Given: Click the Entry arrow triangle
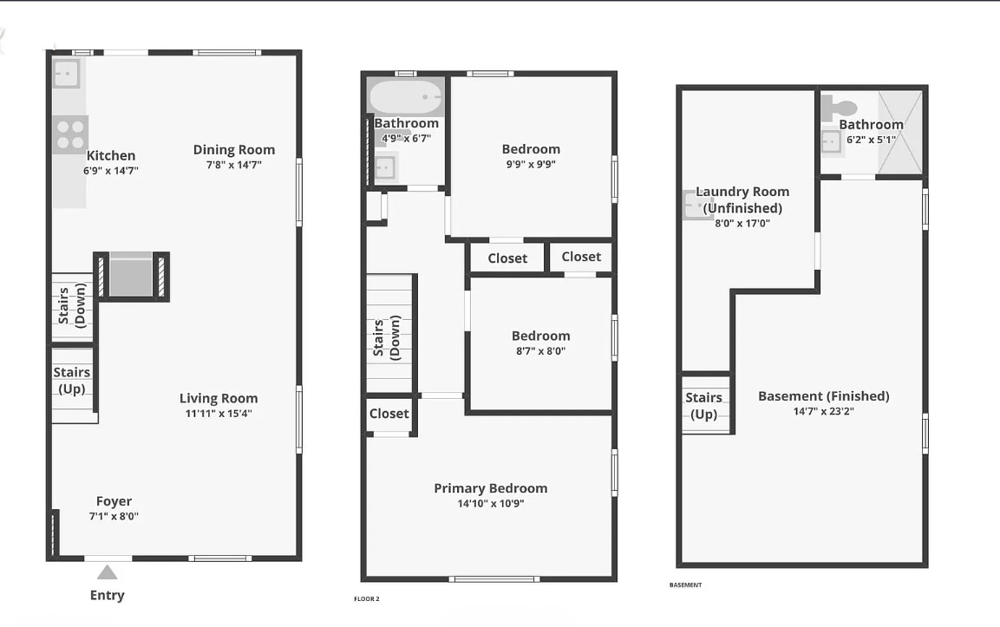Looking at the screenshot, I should [x=107, y=572].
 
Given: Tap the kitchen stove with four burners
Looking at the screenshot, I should [x=69, y=134].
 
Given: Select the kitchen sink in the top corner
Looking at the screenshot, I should [x=66, y=74].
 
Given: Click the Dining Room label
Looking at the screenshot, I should [x=233, y=150].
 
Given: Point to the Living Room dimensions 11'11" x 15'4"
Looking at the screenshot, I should [x=219, y=414].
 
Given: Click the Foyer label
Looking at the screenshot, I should [x=114, y=501].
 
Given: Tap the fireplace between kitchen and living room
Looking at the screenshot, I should [x=131, y=276].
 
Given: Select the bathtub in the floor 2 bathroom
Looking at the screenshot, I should [x=406, y=97].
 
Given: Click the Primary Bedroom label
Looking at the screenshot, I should [x=490, y=488].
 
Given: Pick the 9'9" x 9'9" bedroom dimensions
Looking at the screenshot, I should [x=531, y=164].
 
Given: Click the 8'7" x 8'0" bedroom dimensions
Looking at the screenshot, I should [x=540, y=351].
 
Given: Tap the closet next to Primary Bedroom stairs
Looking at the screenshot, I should [x=389, y=414].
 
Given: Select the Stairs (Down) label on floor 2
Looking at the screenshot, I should [x=386, y=338].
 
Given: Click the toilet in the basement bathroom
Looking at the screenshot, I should [x=838, y=108].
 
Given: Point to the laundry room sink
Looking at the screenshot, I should [x=693, y=206].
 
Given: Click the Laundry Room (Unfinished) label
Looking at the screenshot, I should [x=742, y=199].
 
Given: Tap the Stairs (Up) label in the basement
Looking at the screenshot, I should [x=703, y=405].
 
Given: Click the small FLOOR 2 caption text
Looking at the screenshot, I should [x=367, y=599].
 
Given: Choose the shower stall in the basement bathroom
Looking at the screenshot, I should [x=899, y=133].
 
